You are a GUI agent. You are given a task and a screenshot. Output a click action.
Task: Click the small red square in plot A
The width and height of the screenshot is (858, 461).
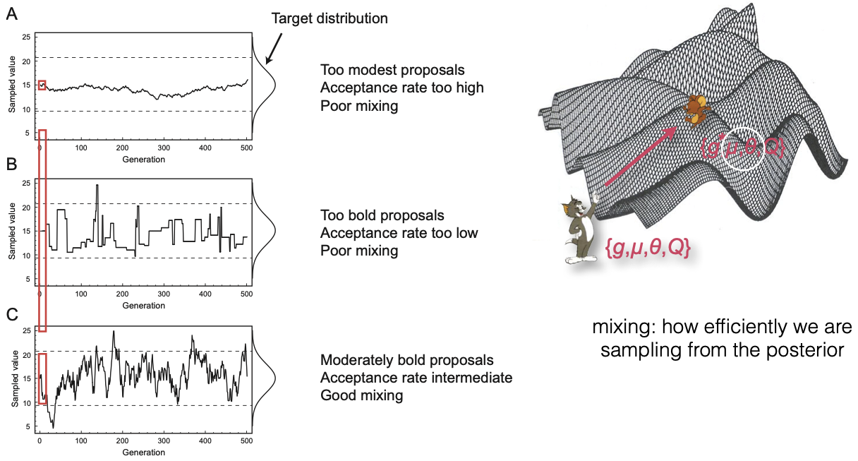click(42, 85)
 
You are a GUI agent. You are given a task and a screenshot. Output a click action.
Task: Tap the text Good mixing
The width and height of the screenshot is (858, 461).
click(361, 395)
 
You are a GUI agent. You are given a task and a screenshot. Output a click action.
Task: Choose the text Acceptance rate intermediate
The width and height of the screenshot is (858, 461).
click(416, 378)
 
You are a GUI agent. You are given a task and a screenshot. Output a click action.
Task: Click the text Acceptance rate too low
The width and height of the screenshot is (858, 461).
click(399, 232)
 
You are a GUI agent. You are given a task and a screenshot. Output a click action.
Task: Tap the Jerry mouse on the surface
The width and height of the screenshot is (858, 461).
click(699, 108)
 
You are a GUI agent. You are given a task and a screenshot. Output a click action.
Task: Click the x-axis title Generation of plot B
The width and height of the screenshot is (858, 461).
click(145, 306)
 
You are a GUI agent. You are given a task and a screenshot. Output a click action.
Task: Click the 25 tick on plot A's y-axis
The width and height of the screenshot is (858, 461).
click(26, 37)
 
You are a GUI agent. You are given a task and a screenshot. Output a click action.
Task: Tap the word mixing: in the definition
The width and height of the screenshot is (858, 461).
click(623, 328)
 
